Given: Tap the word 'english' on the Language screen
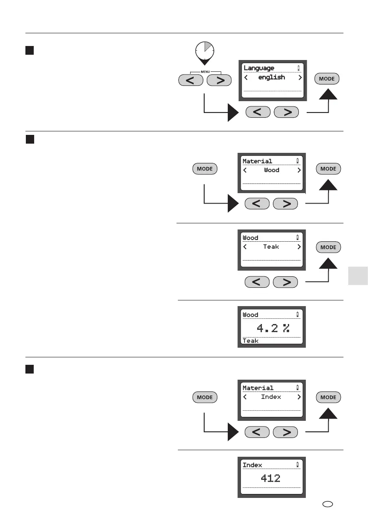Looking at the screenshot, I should (272, 78).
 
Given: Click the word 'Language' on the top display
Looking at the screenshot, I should (259, 68).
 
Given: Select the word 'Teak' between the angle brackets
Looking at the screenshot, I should (271, 247).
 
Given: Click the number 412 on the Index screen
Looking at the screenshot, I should (271, 478).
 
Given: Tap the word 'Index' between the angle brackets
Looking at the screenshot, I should (271, 397).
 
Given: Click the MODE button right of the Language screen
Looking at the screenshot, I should (327, 79).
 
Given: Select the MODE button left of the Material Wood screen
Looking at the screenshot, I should (205, 169).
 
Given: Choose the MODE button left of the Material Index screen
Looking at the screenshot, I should (205, 398).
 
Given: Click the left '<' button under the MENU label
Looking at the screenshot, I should (191, 81).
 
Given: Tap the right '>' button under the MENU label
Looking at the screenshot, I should (219, 81).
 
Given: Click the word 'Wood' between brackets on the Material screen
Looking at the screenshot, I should (272, 170).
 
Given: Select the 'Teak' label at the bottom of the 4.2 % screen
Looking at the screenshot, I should (251, 341).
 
